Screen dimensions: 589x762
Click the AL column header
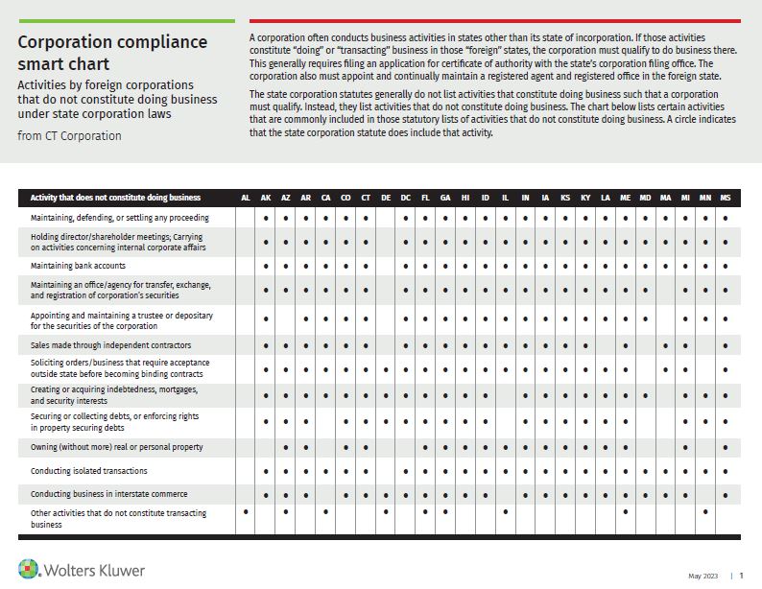pyautogui.click(x=246, y=198)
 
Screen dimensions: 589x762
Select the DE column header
pyautogui.click(x=386, y=198)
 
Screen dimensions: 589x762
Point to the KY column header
pyautogui.click(x=585, y=198)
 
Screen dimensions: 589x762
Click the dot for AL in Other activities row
pyautogui.click(x=246, y=511)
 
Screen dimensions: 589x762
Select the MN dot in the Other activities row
pyautogui.click(x=705, y=511)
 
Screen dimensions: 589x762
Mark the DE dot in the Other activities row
pyautogui.click(x=386, y=511)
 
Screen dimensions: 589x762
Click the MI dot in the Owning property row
pyautogui.click(x=685, y=447)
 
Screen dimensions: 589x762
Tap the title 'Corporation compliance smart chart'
pyautogui.click(x=112, y=53)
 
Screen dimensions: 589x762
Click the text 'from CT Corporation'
pyautogui.click(x=69, y=135)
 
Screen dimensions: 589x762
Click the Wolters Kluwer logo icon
pyautogui.click(x=30, y=569)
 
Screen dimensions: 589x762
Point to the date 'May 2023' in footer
pyautogui.click(x=702, y=576)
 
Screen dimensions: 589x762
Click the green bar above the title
pyautogui.click(x=126, y=20)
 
